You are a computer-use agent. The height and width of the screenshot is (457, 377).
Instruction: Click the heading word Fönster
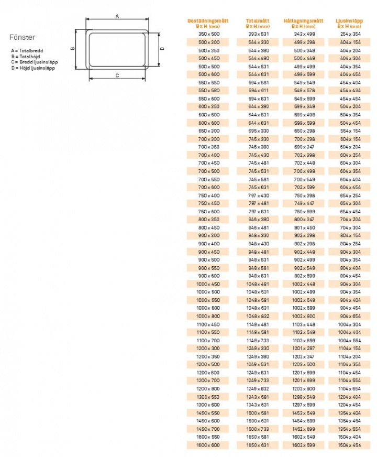(x=23, y=38)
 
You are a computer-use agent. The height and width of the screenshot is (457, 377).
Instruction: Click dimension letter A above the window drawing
(x=117, y=16)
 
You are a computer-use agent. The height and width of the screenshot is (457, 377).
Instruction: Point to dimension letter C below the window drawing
(x=117, y=76)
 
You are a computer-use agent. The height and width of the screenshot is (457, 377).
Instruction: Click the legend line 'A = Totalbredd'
(x=27, y=50)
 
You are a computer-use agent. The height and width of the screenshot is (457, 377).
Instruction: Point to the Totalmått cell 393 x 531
(x=259, y=34)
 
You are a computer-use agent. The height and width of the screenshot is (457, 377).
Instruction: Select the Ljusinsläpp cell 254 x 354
(x=350, y=34)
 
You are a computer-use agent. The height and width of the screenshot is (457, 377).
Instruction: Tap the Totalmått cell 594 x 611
(x=259, y=91)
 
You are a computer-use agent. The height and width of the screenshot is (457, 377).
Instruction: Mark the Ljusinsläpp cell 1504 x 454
(x=350, y=445)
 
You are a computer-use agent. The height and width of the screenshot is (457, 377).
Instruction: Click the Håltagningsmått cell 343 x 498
(x=304, y=34)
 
